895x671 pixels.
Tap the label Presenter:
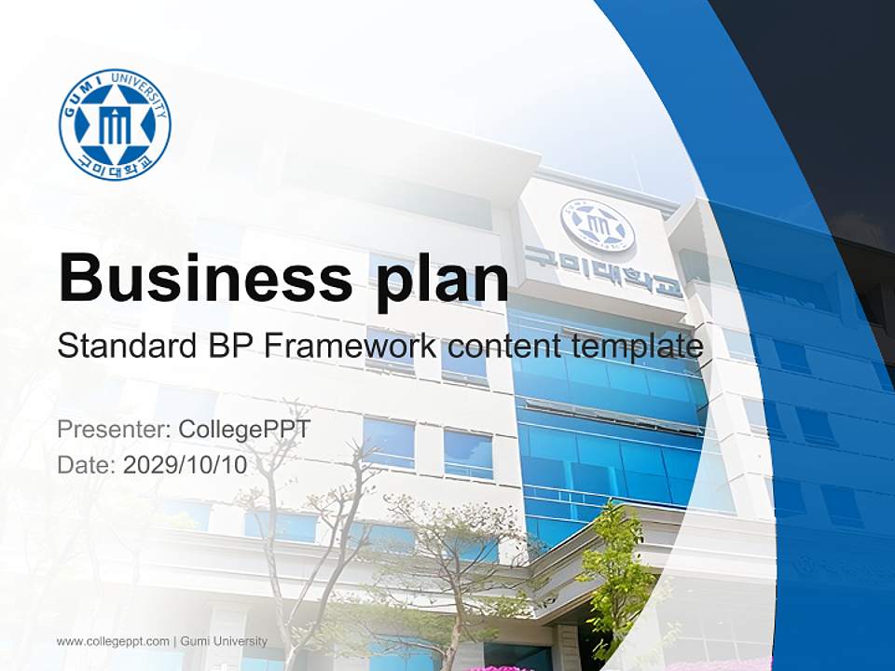coord(113,430)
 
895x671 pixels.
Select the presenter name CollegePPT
coord(243,430)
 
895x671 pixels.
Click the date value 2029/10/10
coord(186,464)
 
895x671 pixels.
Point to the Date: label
coord(87,464)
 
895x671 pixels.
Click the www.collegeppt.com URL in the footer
coord(113,641)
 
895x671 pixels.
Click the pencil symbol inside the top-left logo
coord(115,127)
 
